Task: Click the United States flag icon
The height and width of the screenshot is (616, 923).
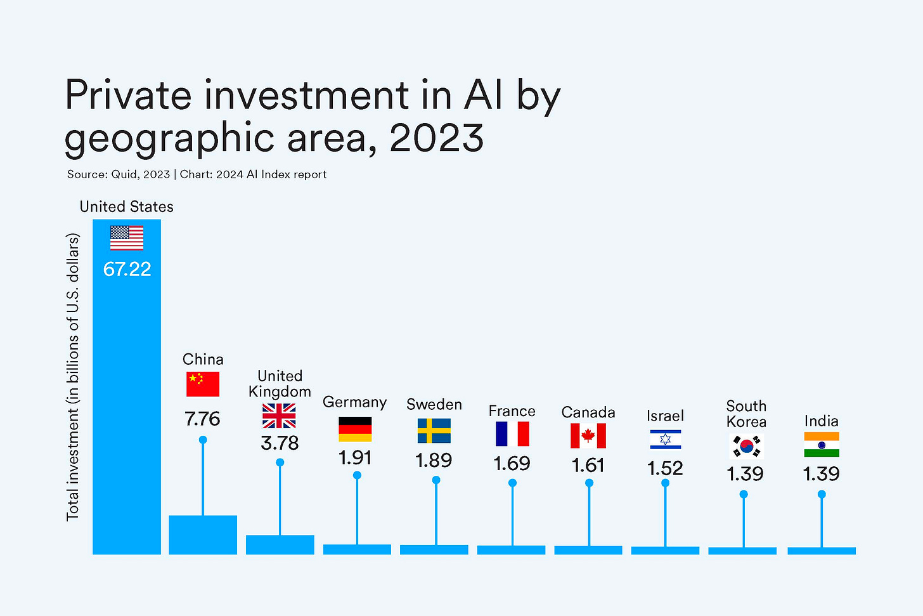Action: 127,238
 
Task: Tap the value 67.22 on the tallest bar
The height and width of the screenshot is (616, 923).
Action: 127,269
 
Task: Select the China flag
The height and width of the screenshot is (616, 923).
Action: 203,384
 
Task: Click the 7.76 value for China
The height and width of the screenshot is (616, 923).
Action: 202,419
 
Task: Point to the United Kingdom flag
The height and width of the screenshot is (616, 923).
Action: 279,416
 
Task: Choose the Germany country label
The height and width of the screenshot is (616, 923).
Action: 354,402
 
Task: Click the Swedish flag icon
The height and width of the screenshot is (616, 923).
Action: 434,431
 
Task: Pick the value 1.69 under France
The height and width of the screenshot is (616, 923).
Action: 512,464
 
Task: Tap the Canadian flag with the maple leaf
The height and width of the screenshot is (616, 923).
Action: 588,436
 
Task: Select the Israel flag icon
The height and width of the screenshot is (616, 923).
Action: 665,439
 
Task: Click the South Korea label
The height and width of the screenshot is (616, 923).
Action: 746,414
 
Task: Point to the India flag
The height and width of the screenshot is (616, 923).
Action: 822,445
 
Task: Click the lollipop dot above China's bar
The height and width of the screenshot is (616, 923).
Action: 203,440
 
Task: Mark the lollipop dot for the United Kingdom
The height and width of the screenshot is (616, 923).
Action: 280,462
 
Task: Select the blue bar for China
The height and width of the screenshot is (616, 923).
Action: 203,535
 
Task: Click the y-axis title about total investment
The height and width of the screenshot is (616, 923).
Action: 74,377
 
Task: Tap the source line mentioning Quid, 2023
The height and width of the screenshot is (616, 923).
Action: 197,174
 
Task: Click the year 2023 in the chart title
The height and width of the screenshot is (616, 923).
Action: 437,138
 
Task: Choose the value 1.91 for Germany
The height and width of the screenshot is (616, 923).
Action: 355,457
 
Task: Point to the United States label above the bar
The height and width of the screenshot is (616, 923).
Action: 126,207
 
